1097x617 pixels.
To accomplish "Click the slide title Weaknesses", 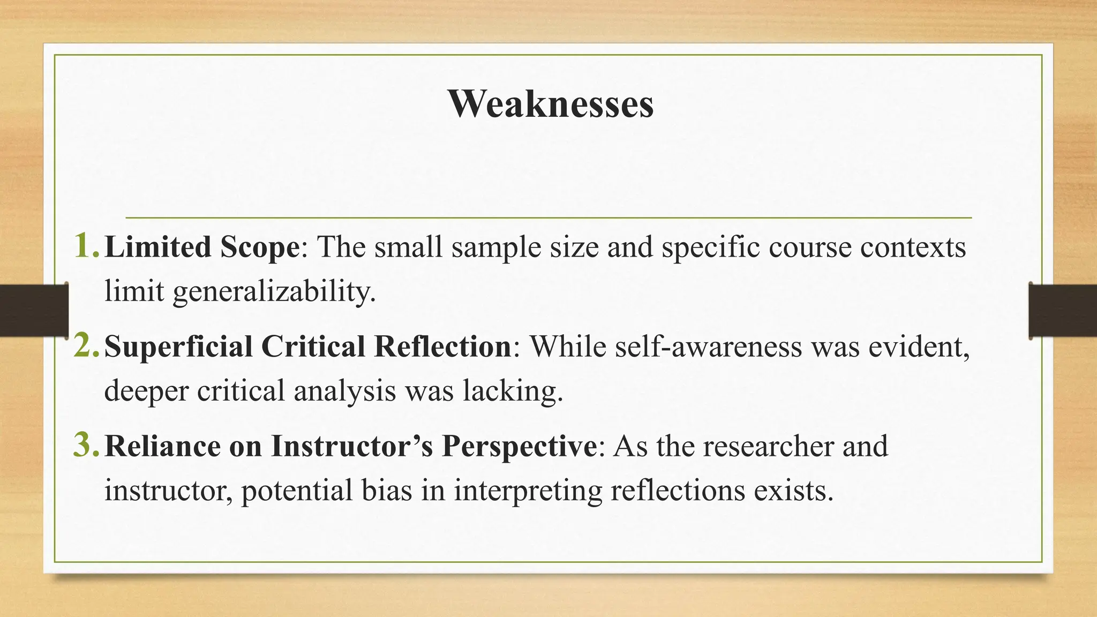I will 551,103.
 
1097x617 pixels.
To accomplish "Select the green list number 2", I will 86,345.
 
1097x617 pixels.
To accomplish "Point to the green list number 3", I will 86,445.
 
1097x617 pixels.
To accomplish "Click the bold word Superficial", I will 178,347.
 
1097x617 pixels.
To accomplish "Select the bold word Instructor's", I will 351,446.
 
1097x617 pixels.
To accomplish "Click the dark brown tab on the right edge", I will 1063,311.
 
